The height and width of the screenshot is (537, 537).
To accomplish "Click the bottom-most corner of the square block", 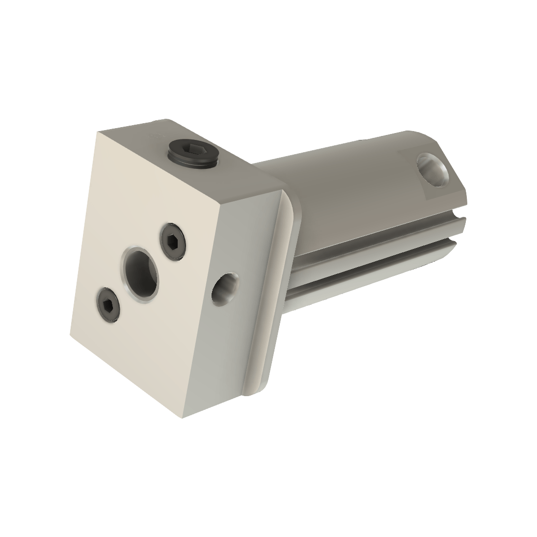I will pyautogui.click(x=185, y=418).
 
